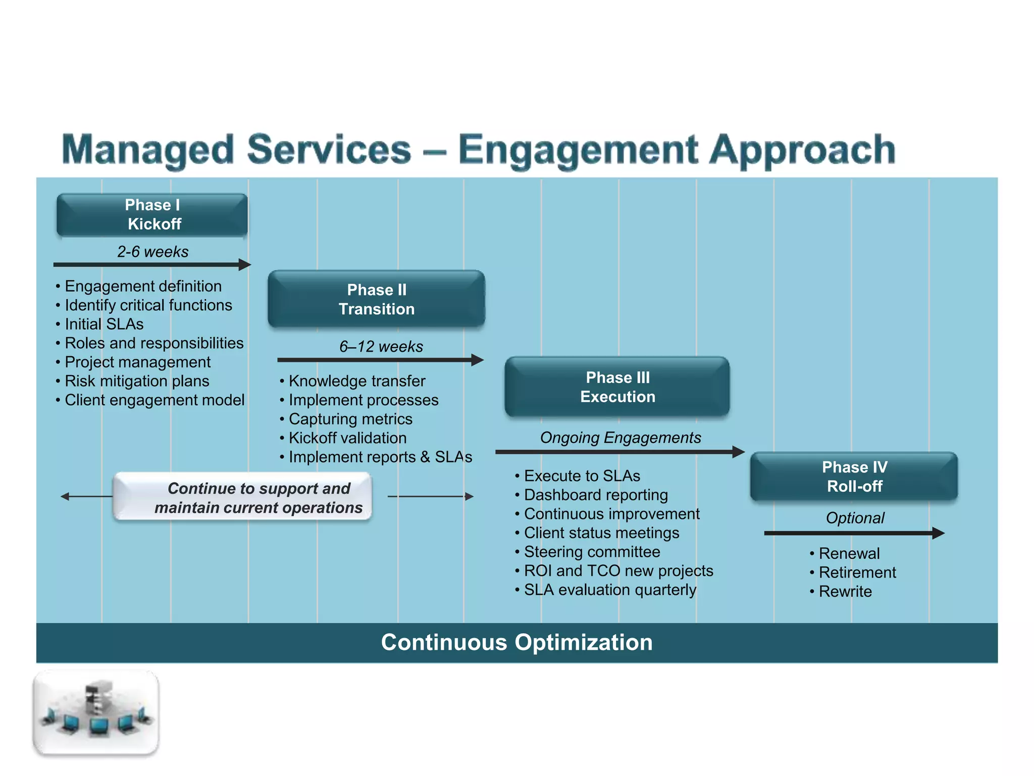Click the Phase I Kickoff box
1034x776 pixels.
click(152, 215)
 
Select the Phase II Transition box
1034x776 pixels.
click(376, 299)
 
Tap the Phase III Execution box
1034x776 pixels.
click(617, 387)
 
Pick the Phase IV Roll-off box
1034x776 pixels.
click(854, 476)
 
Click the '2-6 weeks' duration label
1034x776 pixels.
click(152, 252)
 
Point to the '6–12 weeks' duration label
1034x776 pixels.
click(381, 347)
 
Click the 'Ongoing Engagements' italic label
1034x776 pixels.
click(620, 438)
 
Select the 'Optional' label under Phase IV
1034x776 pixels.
click(855, 518)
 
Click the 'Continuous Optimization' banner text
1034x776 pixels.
click(516, 642)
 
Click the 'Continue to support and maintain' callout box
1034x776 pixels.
click(243, 497)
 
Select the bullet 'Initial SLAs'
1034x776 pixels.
click(104, 324)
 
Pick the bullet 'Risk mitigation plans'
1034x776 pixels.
click(137, 381)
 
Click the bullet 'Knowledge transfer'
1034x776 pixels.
click(356, 381)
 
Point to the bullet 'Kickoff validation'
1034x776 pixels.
click(347, 438)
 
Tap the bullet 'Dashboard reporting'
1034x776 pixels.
click(596, 495)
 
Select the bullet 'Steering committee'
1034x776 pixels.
click(592, 552)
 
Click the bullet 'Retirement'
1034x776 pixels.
click(857, 572)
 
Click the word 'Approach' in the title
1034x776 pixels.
click(802, 150)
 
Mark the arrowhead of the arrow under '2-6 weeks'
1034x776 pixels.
click(245, 264)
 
